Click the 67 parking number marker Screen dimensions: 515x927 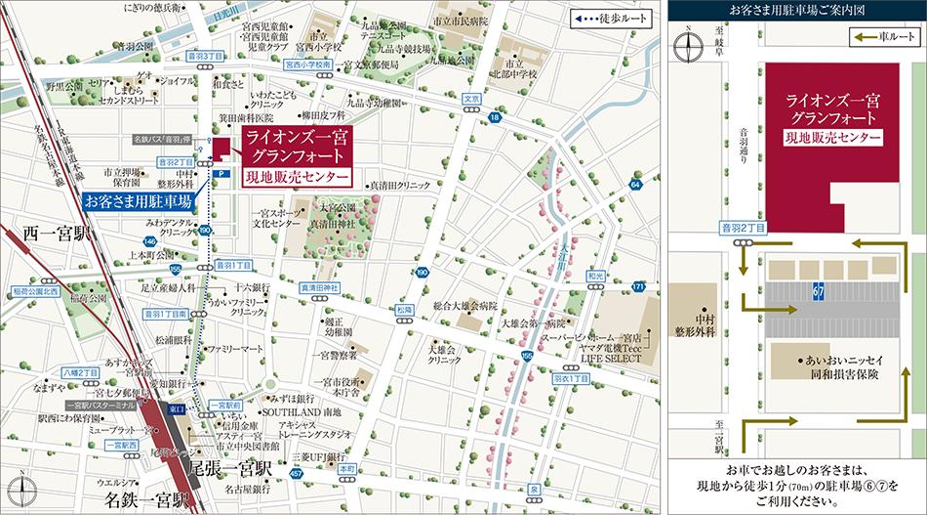pyautogui.click(x=819, y=292)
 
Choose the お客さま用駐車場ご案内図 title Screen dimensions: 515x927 pyautogui.click(x=795, y=10)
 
